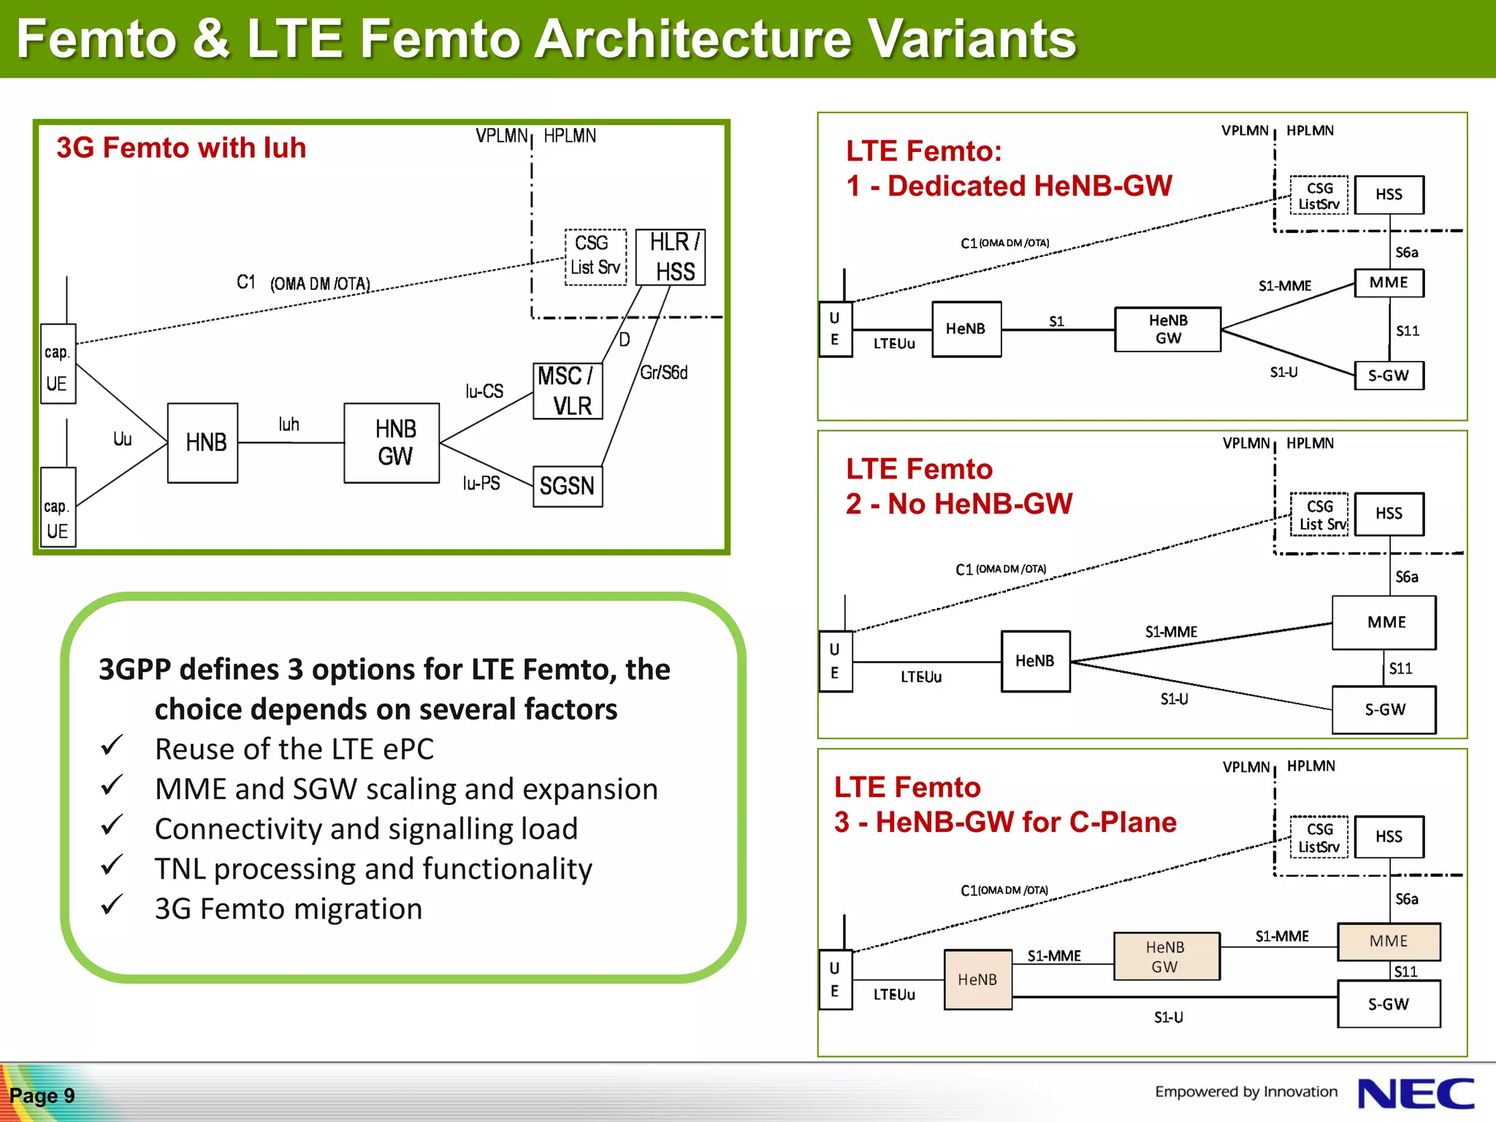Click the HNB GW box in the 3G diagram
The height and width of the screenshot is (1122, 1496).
(392, 443)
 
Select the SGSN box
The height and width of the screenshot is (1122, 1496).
(568, 486)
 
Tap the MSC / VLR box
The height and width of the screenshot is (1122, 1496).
(568, 391)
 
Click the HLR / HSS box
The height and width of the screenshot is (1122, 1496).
(671, 257)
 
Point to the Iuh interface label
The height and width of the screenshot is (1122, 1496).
(289, 424)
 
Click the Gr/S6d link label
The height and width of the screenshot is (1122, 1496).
(663, 373)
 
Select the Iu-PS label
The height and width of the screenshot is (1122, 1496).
(481, 483)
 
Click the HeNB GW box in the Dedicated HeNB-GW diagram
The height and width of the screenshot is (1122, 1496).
(1167, 329)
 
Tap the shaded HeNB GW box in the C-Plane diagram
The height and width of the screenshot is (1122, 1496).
(1166, 956)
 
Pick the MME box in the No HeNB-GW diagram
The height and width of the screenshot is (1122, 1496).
(1384, 622)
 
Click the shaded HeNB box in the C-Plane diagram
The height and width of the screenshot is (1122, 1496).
(977, 980)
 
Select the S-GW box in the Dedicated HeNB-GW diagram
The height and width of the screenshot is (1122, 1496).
(1389, 375)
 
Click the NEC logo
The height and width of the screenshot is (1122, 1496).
(1415, 1094)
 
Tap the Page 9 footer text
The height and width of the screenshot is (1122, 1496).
(42, 1096)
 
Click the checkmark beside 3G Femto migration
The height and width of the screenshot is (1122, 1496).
(112, 906)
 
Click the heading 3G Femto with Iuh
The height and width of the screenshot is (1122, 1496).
(181, 148)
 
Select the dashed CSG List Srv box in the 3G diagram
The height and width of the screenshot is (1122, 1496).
(595, 256)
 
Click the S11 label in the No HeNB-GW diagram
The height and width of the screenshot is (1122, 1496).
(1400, 668)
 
